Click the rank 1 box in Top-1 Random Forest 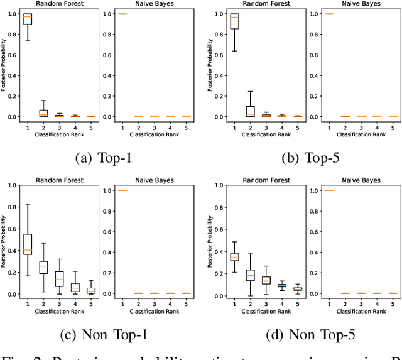[x=27, y=19]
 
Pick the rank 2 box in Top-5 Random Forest [x=251, y=111]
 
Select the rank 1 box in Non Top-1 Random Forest [x=27, y=244]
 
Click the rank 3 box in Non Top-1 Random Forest [x=60, y=278]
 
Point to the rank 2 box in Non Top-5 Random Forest [x=251, y=275]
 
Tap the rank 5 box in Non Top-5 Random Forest [x=298, y=289]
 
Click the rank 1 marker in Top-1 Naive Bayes [x=122, y=14]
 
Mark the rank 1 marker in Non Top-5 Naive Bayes [x=329, y=190]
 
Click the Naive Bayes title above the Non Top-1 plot [x=153, y=180]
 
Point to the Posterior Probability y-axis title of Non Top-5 [x=210, y=242]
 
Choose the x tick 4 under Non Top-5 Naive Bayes [x=375, y=303]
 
